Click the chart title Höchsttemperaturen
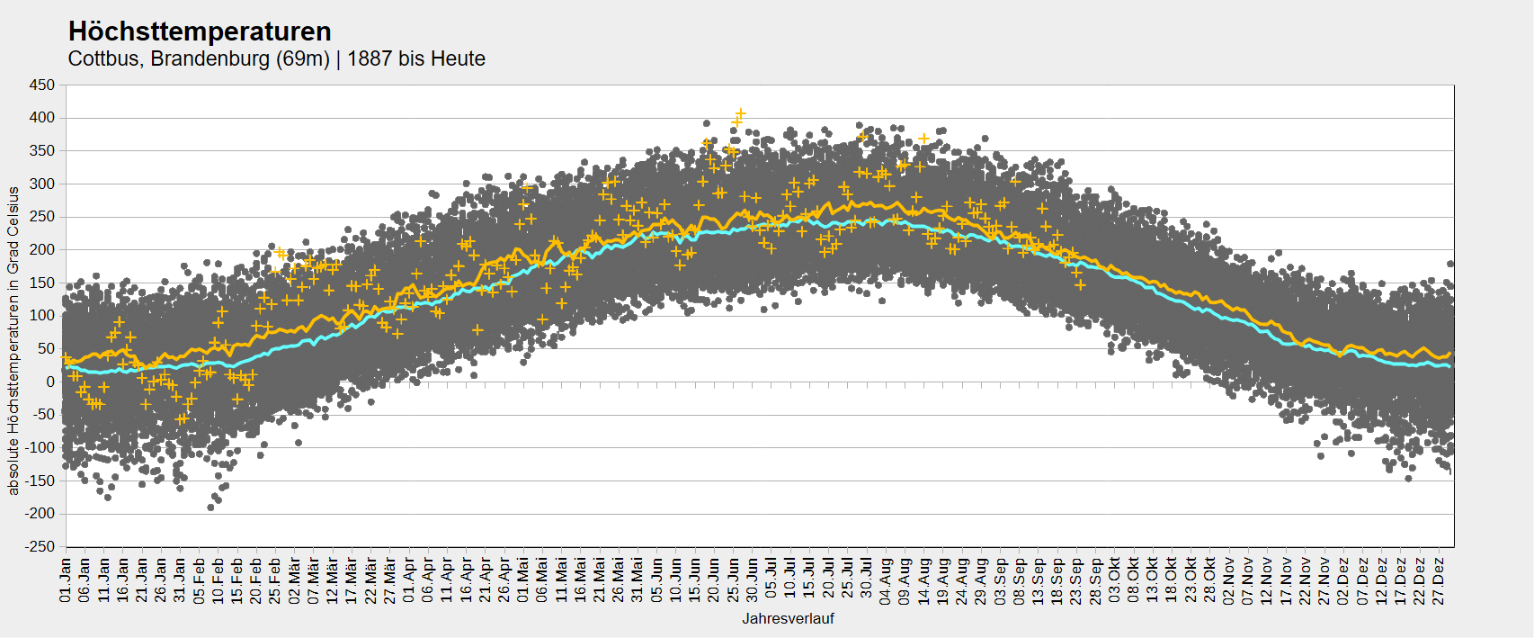200,31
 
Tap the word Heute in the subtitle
459,58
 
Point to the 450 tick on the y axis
41,85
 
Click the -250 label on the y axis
39,547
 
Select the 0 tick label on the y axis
50,382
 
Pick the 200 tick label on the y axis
41,250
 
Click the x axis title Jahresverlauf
789,619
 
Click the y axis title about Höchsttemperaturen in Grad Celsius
13,340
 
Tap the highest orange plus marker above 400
740,113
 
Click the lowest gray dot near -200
211,508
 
